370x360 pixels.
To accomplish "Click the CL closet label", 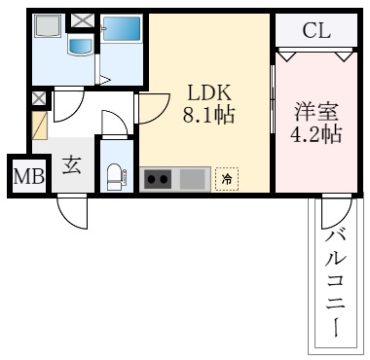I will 315,29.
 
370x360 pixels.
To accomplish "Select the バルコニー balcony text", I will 337,278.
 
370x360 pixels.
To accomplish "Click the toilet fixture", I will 114,175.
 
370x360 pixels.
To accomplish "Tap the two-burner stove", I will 159,179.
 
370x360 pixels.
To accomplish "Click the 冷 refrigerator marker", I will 226,179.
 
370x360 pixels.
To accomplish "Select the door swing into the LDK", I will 150,110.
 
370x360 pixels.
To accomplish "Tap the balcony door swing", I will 334,209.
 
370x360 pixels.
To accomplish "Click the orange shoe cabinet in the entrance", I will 40,125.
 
